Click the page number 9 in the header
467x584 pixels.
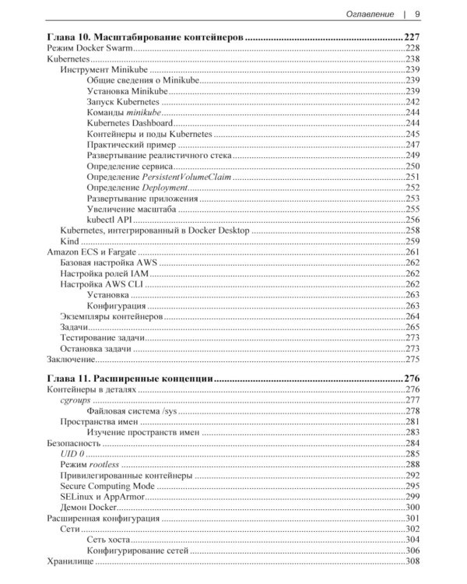tap(418, 13)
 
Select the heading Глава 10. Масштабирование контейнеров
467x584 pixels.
tap(146, 37)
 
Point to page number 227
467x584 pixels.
tap(412, 37)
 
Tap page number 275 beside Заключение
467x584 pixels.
tap(412, 360)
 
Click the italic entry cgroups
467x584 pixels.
tap(76, 399)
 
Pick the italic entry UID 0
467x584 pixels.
tap(72, 453)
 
